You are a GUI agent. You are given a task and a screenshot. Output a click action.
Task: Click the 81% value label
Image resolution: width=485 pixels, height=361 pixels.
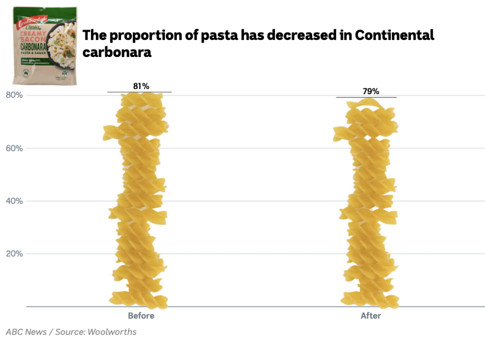pyautogui.click(x=141, y=86)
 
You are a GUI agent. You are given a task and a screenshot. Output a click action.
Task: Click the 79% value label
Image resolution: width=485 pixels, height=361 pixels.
pyautogui.click(x=371, y=91)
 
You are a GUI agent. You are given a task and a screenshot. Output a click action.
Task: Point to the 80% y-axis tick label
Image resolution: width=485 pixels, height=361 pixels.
pyautogui.click(x=14, y=95)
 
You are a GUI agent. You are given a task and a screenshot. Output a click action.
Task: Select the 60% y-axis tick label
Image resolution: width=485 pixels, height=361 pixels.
pyautogui.click(x=14, y=148)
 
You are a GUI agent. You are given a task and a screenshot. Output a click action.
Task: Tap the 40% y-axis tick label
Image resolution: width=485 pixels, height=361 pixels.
pyautogui.click(x=14, y=201)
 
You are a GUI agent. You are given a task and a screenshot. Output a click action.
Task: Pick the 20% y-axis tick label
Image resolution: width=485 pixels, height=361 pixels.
pyautogui.click(x=14, y=254)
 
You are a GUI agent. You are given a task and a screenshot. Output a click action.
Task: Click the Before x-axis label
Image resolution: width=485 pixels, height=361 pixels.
pyautogui.click(x=141, y=316)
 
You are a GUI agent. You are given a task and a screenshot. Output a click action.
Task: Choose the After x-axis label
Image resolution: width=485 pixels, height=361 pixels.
pyautogui.click(x=371, y=316)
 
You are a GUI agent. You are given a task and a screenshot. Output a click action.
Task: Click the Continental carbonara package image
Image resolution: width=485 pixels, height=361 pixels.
pyautogui.click(x=44, y=46)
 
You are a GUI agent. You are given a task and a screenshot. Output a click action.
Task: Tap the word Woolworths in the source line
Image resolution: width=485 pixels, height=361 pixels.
pyautogui.click(x=112, y=332)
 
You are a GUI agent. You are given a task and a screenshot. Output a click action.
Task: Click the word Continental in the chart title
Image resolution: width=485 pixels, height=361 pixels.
pyautogui.click(x=395, y=36)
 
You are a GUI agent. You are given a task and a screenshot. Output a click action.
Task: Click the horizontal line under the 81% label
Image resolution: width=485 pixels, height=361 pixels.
pyautogui.click(x=139, y=92)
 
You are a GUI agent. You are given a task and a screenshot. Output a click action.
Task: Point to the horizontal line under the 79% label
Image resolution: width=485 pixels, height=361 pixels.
pyautogui.click(x=366, y=97)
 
